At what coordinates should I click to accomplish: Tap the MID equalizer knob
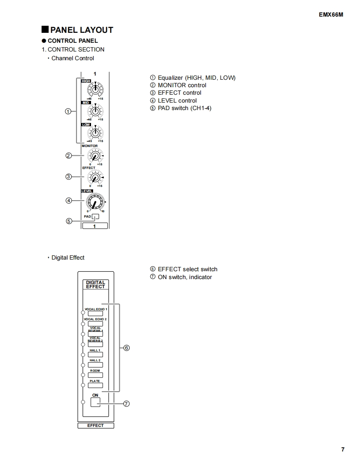(x=95, y=111)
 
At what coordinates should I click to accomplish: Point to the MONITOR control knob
(x=95, y=156)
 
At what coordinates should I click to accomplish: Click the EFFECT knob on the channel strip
(x=95, y=178)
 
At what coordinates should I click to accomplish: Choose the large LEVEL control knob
(x=95, y=202)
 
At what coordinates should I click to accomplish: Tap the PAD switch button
(x=96, y=216)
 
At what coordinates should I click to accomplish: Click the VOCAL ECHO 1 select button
(x=96, y=314)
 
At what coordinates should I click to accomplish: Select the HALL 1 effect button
(x=96, y=355)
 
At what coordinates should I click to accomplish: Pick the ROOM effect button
(x=96, y=375)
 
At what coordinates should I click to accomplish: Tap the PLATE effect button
(x=96, y=385)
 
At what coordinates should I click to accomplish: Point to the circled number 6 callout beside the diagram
(x=127, y=348)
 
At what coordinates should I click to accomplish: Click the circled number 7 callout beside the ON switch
(x=127, y=403)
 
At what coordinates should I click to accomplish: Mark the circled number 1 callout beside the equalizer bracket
(x=69, y=111)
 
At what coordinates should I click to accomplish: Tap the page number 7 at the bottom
(x=343, y=449)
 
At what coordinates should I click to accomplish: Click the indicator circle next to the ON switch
(x=83, y=402)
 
